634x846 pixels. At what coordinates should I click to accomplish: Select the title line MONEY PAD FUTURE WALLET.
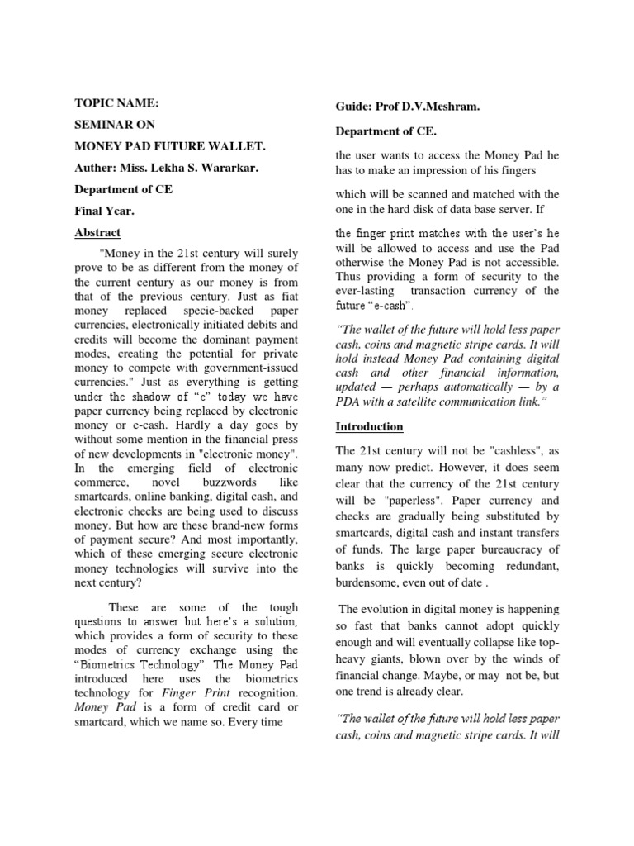point(171,146)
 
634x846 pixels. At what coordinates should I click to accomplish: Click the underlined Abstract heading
point(97,232)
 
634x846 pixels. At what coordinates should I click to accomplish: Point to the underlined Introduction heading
point(370,426)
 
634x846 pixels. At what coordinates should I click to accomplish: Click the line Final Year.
point(104,211)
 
